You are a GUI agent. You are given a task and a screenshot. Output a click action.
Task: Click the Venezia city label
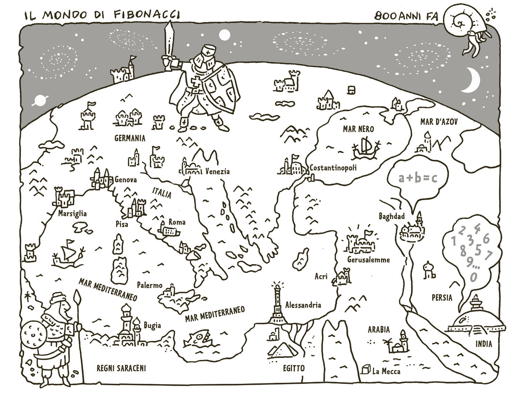point(217,171)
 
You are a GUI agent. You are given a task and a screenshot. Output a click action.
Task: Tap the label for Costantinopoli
point(333,168)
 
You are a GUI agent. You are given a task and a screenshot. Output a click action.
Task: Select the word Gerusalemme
point(368,260)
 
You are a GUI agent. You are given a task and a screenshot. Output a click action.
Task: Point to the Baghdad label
point(392,216)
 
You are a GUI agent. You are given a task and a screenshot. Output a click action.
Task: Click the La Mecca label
point(386,371)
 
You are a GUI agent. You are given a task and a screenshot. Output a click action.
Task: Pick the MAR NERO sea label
point(358,129)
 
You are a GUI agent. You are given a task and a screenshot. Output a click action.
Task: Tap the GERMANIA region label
point(130,138)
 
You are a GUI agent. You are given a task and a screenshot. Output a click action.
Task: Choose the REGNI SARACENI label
point(121,368)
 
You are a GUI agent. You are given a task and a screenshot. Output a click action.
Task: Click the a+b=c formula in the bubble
point(418,178)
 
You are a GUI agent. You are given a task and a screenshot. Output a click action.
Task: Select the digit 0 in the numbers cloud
point(473,277)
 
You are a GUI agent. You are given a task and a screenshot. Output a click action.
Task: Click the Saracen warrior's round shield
point(33,335)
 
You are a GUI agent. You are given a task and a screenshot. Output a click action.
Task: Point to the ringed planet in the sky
point(40,101)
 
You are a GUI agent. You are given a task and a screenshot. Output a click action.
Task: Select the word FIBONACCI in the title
point(147,15)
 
